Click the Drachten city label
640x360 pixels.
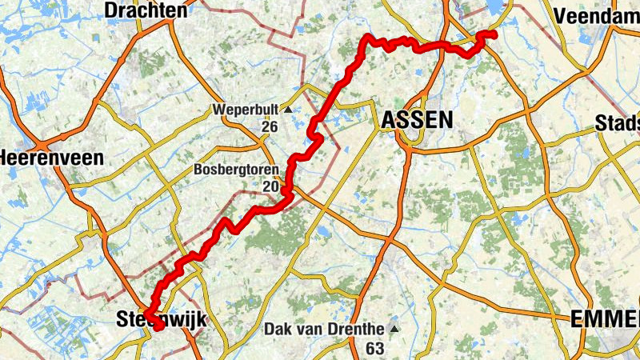coord(146,10)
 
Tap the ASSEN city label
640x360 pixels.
coord(417,120)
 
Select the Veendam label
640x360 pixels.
coord(596,15)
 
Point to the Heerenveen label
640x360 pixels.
coord(53,158)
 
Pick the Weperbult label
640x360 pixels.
coord(245,109)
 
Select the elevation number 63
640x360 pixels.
coord(374,348)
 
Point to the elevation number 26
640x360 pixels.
coord(269,127)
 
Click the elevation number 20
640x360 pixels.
coord(269,188)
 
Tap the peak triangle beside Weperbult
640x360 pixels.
coord(286,109)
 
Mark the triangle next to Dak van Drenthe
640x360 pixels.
coord(393,329)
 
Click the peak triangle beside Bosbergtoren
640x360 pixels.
coord(286,170)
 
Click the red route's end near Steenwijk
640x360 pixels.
coord(158,326)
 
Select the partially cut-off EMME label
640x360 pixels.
coord(606,320)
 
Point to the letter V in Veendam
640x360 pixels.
coord(560,15)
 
